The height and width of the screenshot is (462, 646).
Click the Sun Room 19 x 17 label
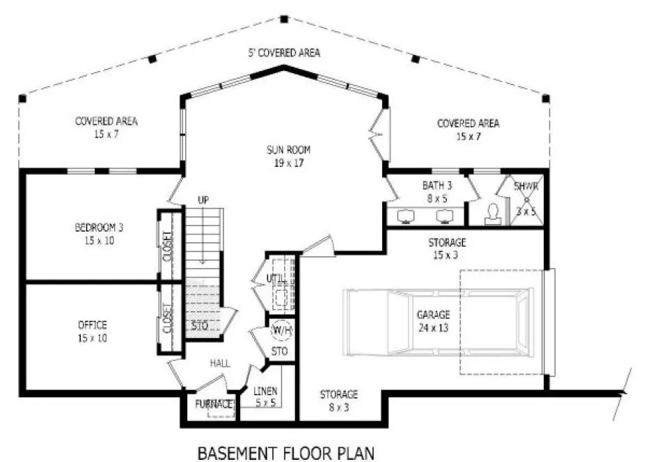point(287,156)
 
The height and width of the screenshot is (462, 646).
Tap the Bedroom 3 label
point(99,232)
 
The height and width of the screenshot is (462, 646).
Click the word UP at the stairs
point(203,200)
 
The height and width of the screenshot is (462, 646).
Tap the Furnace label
point(213,404)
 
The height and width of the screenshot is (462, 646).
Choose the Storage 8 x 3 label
point(339,400)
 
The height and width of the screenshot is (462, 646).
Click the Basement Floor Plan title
point(286,453)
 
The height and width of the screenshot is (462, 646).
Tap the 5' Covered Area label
point(284,53)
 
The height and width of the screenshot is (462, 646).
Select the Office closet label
point(167,317)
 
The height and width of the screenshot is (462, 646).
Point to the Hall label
point(220,363)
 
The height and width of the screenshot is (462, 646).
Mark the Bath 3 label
point(438,191)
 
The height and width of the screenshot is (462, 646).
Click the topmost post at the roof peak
point(284,19)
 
